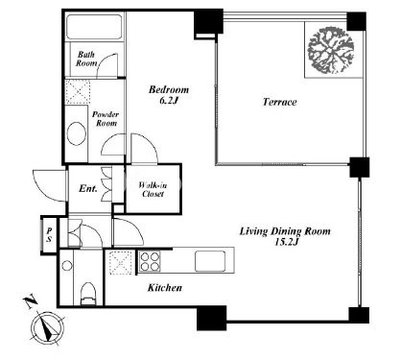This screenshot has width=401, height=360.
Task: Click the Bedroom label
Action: pos(169,89)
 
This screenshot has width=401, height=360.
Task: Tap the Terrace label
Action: pos(280,102)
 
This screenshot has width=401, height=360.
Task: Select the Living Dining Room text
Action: pos(285,231)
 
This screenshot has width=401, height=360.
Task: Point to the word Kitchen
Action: pos(165,288)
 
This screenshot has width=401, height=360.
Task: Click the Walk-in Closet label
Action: pos(153,189)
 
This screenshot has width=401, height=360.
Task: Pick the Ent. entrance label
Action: pos(88,188)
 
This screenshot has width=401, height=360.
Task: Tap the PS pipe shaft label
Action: pos(49,234)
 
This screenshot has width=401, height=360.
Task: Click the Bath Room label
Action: pos(86,59)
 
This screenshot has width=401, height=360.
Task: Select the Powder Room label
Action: pos(106,119)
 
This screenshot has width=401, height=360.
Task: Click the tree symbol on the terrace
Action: pos(331,51)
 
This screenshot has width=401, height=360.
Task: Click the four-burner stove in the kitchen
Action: pos(150,261)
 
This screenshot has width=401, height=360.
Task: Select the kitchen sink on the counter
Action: pos(210,261)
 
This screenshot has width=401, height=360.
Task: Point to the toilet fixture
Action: pos(88,294)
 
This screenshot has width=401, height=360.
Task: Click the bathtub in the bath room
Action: pos(94,27)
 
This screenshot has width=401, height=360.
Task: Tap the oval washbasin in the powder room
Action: pos(77,133)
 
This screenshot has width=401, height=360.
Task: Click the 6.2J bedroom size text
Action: pos(168,100)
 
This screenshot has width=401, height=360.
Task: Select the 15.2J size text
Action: pos(287,242)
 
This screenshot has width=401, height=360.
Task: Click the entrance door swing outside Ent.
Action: pos(50,185)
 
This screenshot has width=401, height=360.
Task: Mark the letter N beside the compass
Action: pos(31,302)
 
